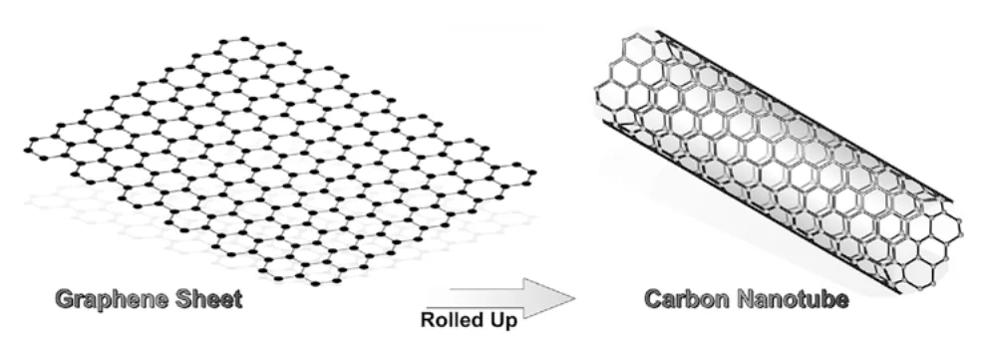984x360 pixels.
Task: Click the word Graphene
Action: pyautogui.click(x=113, y=299)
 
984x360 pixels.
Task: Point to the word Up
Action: pyautogui.click(x=503, y=320)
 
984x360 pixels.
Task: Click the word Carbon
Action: pyautogui.click(x=687, y=298)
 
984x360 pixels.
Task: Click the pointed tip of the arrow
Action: pyautogui.click(x=575, y=298)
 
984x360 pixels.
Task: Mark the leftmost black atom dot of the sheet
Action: pyautogui.click(x=28, y=150)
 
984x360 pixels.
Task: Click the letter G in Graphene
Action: pyautogui.click(x=65, y=298)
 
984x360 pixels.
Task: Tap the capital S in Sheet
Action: pyautogui.click(x=183, y=298)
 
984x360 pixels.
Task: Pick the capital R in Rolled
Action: pyautogui.click(x=428, y=319)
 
